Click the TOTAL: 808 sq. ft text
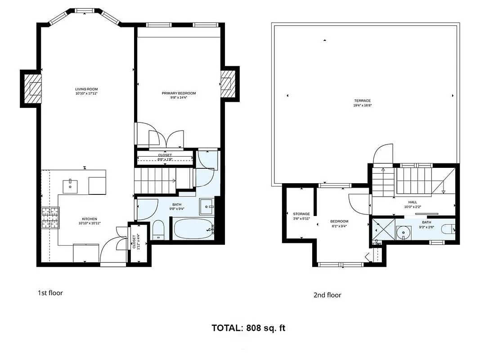tap(248, 328)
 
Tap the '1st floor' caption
tap(50, 293)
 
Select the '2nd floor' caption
tap(327, 295)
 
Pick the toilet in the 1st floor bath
tap(158, 229)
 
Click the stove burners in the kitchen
tap(50, 218)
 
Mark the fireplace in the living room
tap(33, 89)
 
